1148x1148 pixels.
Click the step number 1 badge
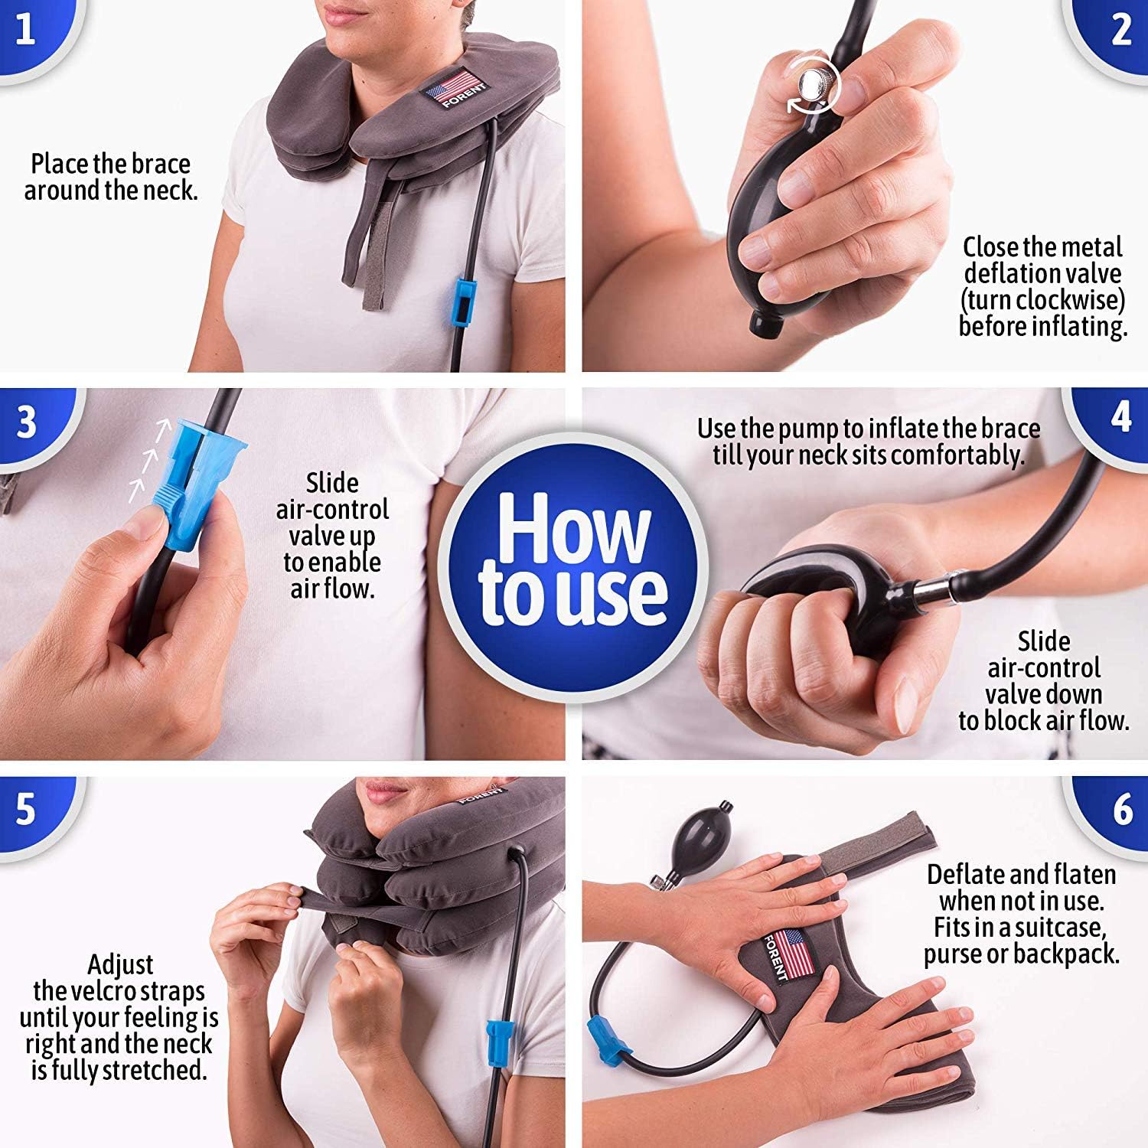tap(27, 31)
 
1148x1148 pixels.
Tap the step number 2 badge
tap(1120, 31)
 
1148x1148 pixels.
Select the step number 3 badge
tap(27, 422)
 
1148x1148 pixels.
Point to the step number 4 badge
tap(1120, 418)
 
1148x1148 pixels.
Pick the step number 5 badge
tap(27, 810)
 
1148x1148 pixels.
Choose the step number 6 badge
tap(1121, 810)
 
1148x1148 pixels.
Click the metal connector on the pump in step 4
tap(923, 590)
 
